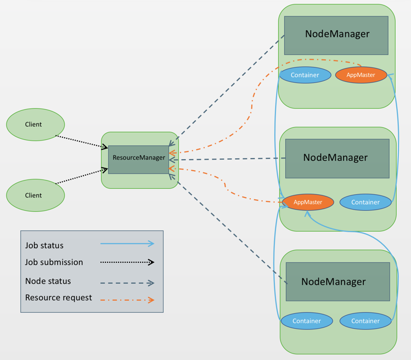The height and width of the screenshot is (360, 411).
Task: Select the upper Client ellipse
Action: [35, 125]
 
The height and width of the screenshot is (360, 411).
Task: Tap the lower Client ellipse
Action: [35, 195]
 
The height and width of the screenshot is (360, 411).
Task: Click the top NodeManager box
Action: [336, 35]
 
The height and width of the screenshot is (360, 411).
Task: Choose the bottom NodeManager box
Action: [337, 282]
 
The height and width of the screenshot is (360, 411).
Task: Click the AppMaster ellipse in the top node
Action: [361, 75]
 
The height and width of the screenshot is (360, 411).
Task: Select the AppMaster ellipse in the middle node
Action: [308, 202]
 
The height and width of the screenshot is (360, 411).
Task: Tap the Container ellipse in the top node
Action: [305, 75]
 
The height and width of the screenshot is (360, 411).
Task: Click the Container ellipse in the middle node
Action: [365, 202]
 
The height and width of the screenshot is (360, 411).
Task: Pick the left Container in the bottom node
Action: [306, 321]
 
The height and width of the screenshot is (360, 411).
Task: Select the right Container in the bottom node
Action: [365, 321]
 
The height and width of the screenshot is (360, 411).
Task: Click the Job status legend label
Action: [44, 245]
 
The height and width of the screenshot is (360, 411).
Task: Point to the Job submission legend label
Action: [54, 262]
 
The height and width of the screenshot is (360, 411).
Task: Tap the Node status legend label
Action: [48, 281]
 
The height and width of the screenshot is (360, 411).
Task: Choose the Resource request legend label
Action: [58, 298]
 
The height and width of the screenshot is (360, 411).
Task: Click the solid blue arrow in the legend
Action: [127, 244]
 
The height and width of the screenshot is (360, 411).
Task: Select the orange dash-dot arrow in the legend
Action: [127, 300]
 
